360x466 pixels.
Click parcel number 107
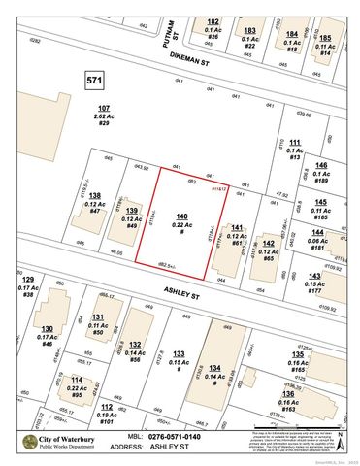104,107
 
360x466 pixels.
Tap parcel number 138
94,195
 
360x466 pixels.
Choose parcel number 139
131,211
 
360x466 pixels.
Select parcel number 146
321,165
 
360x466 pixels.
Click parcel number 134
213,368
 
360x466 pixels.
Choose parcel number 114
77,380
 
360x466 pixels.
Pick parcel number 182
213,21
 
